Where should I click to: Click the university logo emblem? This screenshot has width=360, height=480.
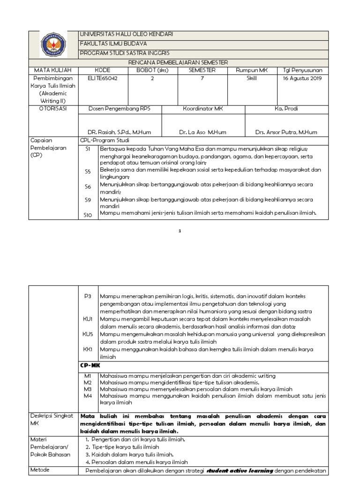[53, 45]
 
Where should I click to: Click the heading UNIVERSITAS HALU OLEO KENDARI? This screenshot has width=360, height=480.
[127, 35]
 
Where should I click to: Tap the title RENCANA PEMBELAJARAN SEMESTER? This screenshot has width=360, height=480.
[178, 62]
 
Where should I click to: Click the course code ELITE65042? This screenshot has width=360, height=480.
[103, 79]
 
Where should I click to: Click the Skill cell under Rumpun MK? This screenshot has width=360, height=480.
[252, 79]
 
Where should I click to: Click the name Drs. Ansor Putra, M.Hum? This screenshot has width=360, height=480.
[286, 132]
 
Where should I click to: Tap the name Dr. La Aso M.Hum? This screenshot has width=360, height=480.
[202, 132]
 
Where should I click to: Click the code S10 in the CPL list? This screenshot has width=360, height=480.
[88, 215]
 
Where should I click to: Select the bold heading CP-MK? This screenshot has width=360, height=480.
[90, 365]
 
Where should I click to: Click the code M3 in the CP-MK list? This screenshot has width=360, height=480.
[87, 389]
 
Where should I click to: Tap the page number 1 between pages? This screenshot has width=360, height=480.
[180, 231]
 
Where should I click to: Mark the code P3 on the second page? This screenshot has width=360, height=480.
[87, 296]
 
